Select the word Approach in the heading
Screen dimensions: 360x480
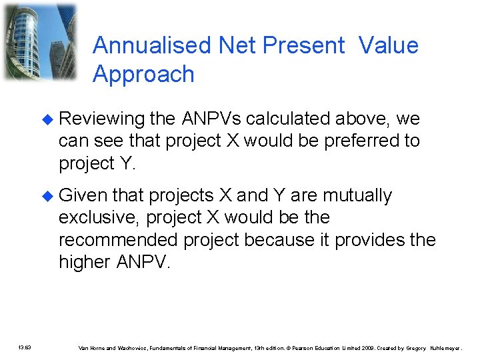(x=143, y=74)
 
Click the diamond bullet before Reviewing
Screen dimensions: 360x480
(x=46, y=119)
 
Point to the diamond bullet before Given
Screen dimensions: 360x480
(x=46, y=196)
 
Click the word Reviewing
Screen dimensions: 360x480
(x=101, y=119)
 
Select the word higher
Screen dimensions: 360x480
(x=85, y=262)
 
